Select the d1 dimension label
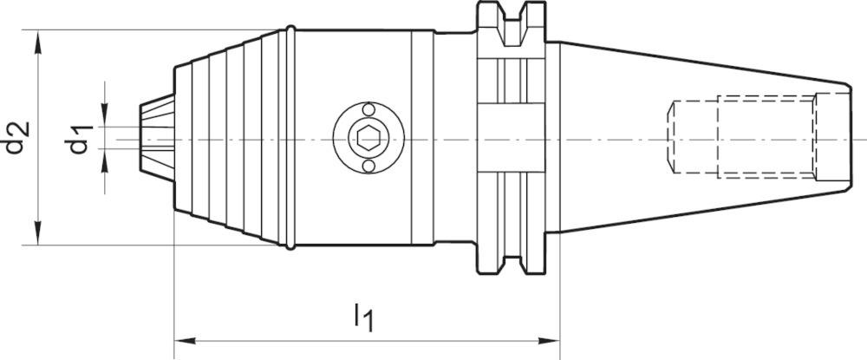point(81,138)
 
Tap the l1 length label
point(364,318)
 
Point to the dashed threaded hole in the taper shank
point(741,138)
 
